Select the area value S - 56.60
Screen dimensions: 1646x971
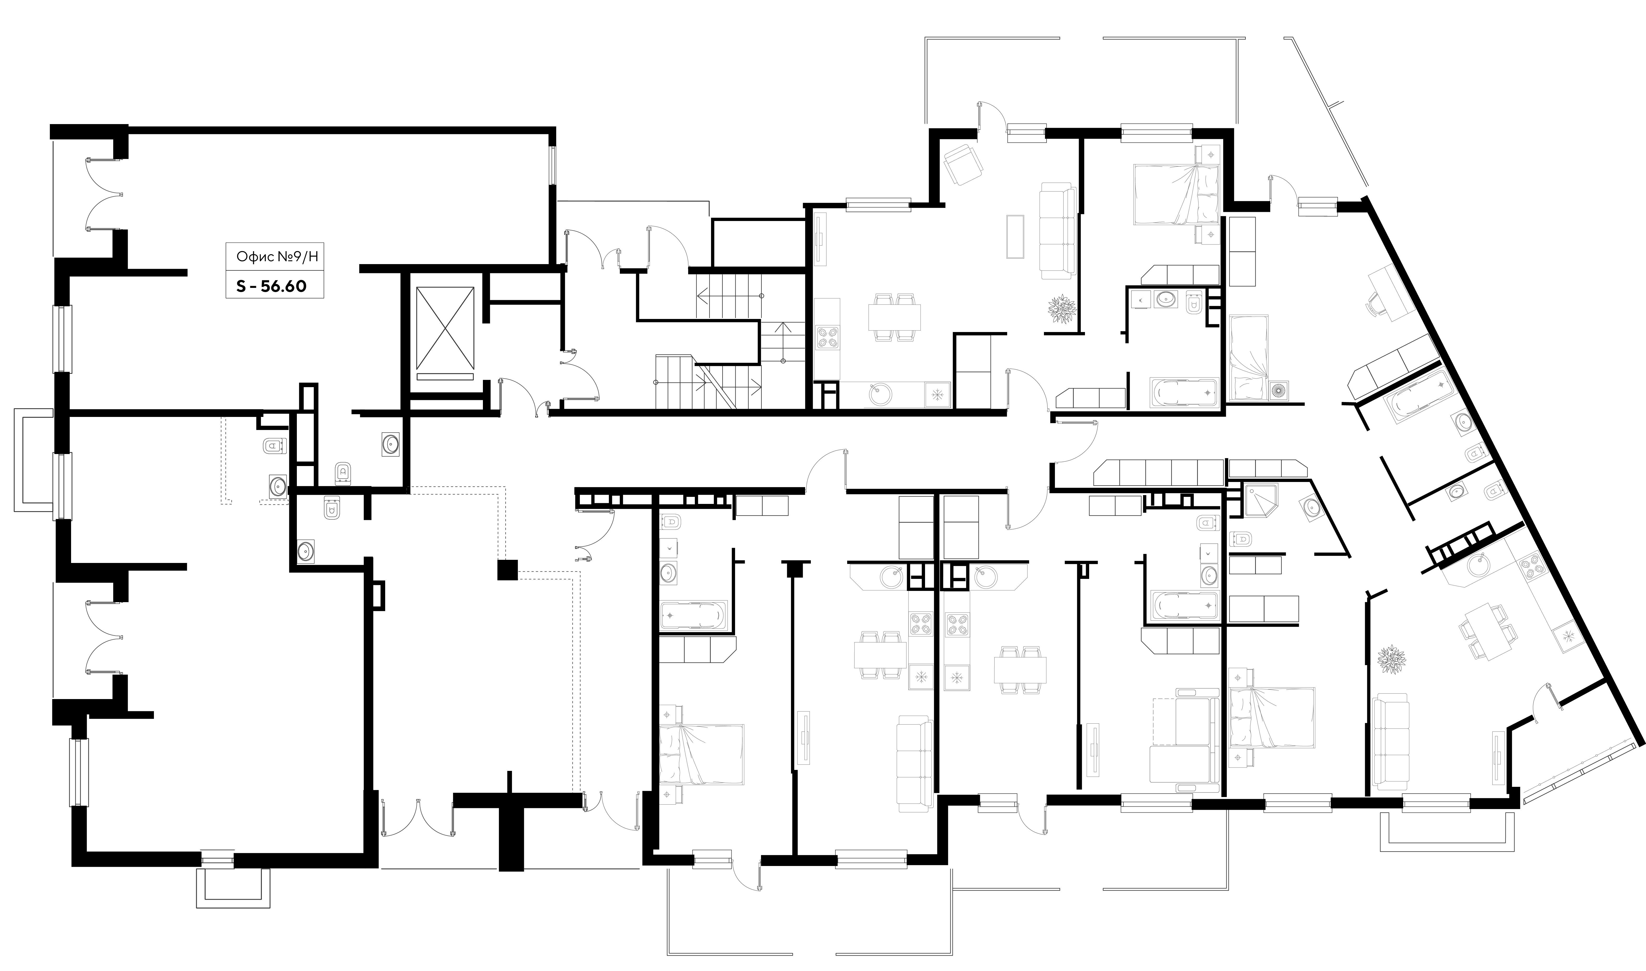point(271,286)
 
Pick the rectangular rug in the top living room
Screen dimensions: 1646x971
point(1015,237)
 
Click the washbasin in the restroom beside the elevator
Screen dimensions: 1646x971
point(391,444)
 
